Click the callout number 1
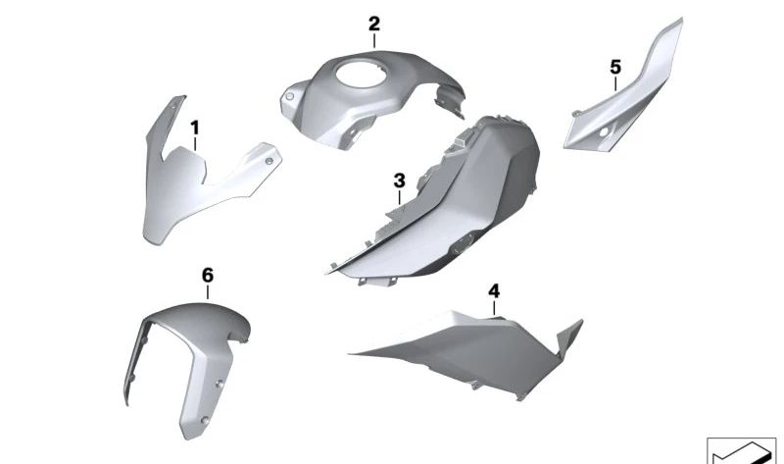[194, 128]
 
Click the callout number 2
[373, 23]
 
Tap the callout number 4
[494, 291]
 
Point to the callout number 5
[615, 67]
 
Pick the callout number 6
[207, 277]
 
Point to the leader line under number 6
[207, 295]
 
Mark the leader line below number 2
[373, 41]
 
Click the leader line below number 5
[615, 83]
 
